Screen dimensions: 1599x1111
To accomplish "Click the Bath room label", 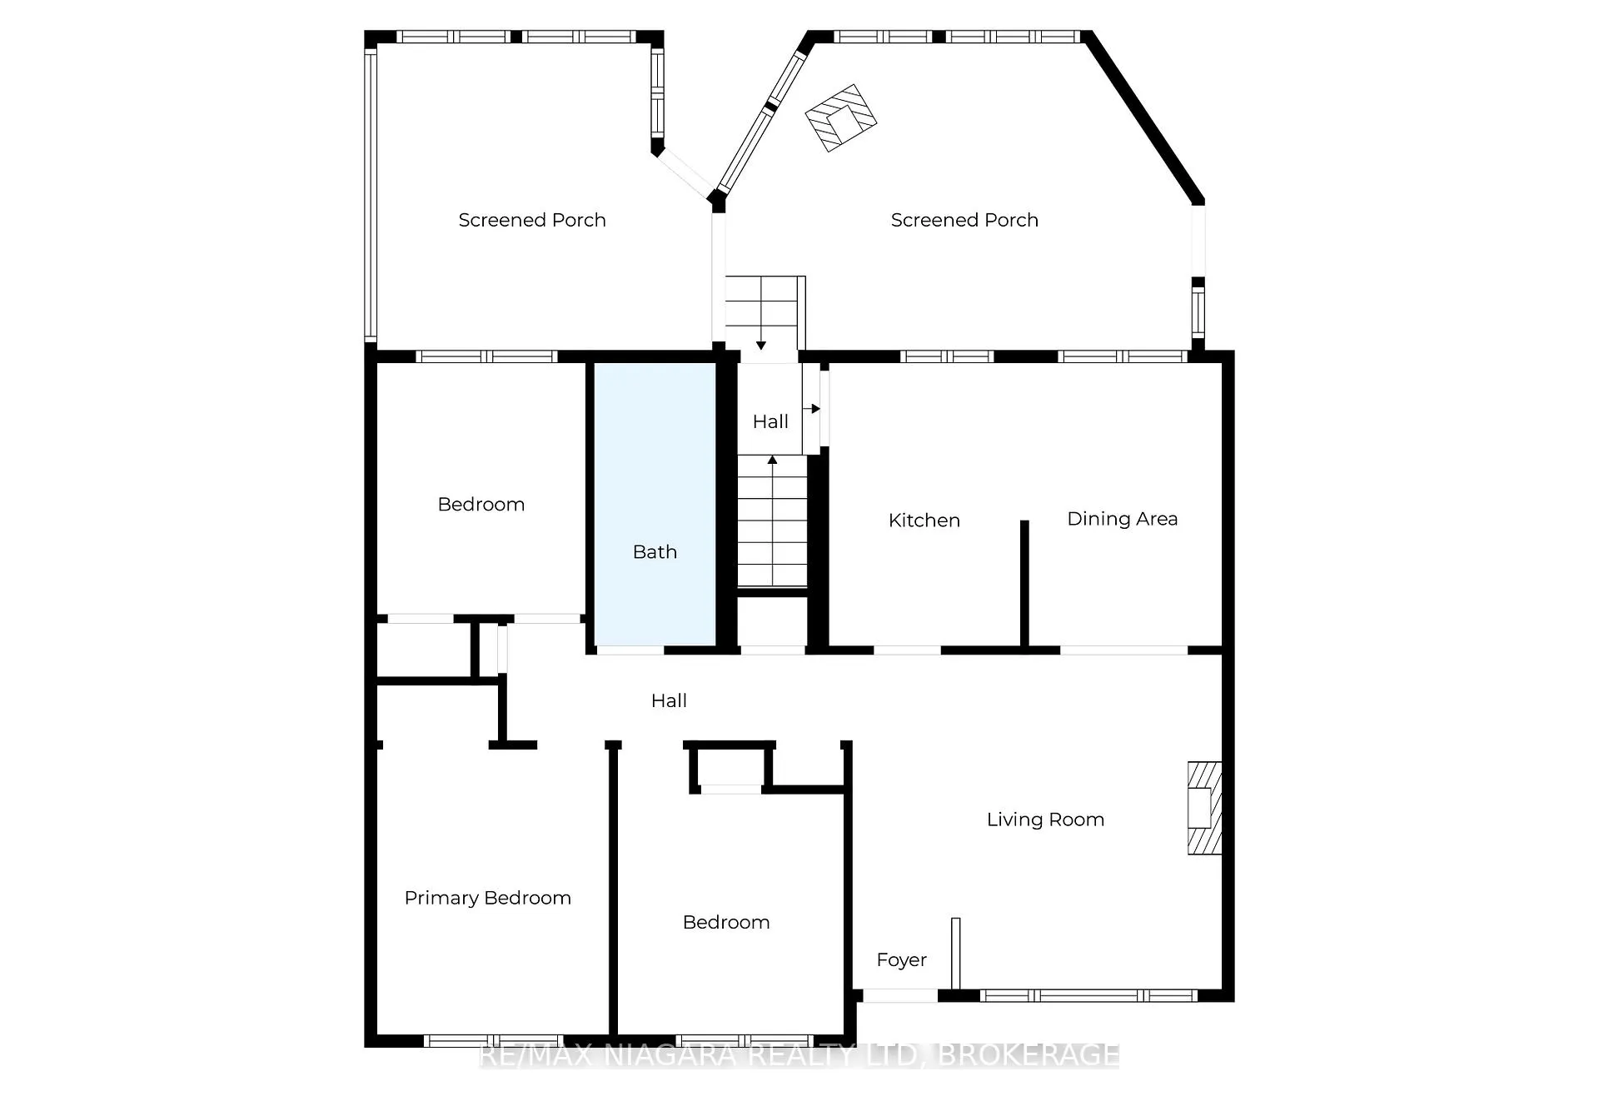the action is [x=655, y=551].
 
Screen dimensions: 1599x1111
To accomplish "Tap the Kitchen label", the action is [x=924, y=521].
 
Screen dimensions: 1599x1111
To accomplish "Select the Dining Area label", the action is [x=1122, y=519].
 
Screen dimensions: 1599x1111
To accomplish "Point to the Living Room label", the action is [x=1045, y=820].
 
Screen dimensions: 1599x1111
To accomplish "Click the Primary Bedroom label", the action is [x=487, y=898].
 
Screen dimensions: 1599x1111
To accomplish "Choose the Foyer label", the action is [x=901, y=960].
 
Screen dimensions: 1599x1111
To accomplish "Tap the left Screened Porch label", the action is [x=531, y=220].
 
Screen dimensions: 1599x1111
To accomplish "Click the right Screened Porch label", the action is [x=964, y=220].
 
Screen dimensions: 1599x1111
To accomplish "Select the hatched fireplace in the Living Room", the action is [x=1204, y=808].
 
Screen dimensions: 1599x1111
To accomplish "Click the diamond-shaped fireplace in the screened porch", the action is [x=840, y=118].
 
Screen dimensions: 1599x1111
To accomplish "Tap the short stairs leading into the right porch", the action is [x=761, y=313].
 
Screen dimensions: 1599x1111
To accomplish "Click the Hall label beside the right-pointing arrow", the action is [x=770, y=422].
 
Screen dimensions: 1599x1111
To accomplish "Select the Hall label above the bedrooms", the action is [x=669, y=701].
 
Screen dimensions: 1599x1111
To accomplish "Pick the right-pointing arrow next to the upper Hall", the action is [x=812, y=409].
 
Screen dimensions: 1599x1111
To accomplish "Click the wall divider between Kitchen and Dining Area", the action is [x=1024, y=584].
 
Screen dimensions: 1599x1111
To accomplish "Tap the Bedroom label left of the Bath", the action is [x=481, y=505].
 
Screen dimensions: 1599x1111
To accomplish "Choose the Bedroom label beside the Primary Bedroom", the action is [x=725, y=923].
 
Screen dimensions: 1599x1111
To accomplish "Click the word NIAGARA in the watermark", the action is [x=671, y=1056].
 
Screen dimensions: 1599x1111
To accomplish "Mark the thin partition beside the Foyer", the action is [x=956, y=954].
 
